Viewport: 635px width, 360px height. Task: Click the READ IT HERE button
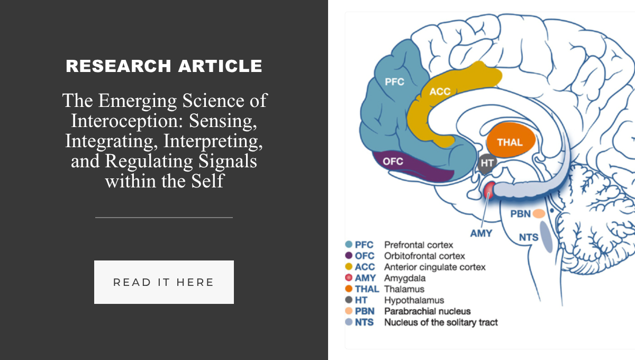(164, 282)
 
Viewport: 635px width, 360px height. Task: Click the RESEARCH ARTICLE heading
(164, 66)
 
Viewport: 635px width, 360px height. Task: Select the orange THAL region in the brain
(511, 140)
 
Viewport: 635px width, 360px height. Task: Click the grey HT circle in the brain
(487, 163)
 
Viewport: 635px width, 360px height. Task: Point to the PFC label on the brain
(394, 82)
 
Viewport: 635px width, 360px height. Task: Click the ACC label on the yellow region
(440, 92)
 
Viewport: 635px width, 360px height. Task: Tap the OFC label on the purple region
(393, 161)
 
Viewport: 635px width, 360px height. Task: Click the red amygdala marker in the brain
(489, 190)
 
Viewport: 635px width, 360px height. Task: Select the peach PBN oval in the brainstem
(539, 213)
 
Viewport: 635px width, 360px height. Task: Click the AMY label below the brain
(481, 233)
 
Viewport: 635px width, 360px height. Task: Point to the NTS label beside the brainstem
(529, 237)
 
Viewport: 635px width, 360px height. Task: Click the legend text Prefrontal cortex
(419, 245)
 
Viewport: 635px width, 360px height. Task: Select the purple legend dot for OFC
(349, 255)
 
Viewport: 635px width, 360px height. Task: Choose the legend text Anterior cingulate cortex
(435, 267)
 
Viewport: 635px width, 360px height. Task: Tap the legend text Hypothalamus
(414, 300)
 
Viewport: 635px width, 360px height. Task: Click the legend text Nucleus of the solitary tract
(441, 322)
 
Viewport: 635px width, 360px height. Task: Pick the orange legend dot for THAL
(349, 289)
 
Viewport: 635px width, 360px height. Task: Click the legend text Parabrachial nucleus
(427, 311)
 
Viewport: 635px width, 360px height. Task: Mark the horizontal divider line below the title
(164, 218)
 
